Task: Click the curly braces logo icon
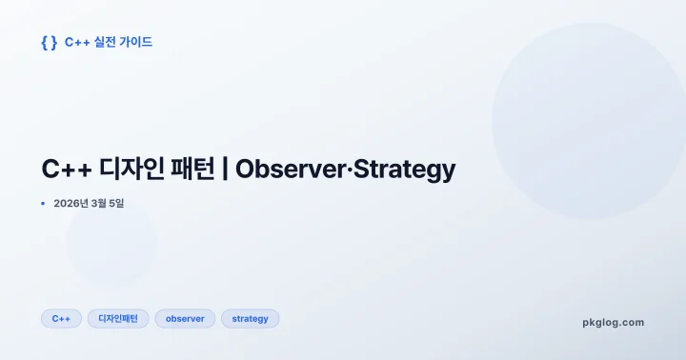point(50,42)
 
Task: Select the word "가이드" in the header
point(135,42)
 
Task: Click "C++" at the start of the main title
point(65,170)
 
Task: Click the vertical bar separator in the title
point(225,170)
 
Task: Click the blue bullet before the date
point(43,203)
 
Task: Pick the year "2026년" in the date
point(71,203)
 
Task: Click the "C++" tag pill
point(61,319)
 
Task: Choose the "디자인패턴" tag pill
point(118,319)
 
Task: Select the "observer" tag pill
point(185,319)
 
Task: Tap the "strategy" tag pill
point(250,319)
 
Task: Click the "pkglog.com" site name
point(613,322)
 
